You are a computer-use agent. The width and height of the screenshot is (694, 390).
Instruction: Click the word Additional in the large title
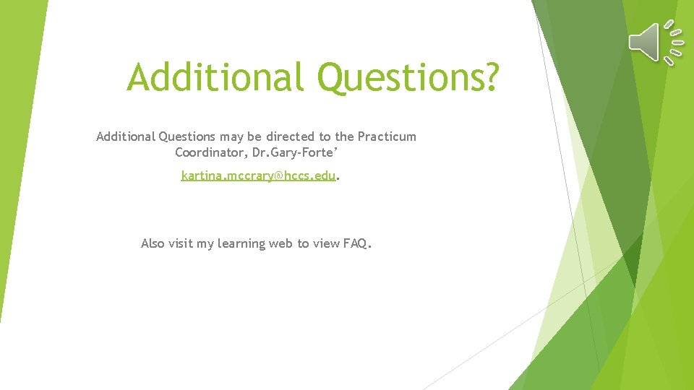(x=215, y=77)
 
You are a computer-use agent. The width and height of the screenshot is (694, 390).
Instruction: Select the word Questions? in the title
(x=408, y=77)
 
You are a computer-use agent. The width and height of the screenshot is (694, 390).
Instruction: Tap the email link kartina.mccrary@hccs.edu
(x=259, y=175)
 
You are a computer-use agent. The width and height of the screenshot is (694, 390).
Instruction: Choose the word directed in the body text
(x=291, y=136)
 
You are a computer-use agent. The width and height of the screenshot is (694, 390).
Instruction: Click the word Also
(x=153, y=243)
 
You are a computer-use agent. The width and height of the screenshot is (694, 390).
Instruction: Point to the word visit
(x=181, y=243)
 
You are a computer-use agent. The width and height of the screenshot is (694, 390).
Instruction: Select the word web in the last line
(x=280, y=243)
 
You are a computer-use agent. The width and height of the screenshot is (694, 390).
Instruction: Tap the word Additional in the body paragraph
(x=125, y=136)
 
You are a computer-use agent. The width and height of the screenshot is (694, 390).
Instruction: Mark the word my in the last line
(x=205, y=244)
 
